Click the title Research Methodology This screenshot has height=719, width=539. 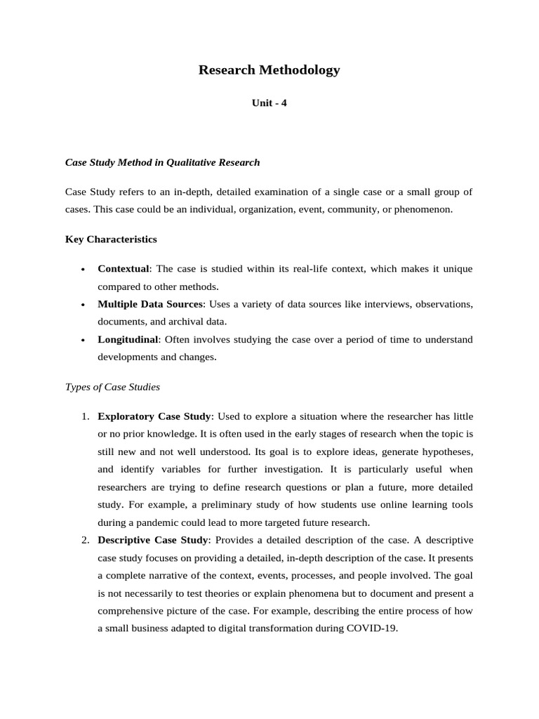(x=269, y=70)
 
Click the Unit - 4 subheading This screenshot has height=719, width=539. (x=269, y=103)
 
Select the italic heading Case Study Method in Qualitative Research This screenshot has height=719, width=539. (x=162, y=162)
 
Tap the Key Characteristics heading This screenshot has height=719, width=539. (x=111, y=239)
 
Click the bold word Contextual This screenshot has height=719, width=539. (x=124, y=269)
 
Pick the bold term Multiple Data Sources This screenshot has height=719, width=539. (x=150, y=304)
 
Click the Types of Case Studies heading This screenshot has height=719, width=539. (x=112, y=387)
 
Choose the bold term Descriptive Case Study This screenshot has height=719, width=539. (x=152, y=539)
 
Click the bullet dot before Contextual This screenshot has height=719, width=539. (x=84, y=270)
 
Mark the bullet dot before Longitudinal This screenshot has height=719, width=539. (x=84, y=340)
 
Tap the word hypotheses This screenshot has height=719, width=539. (x=446, y=451)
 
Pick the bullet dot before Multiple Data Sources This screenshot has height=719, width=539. (x=84, y=305)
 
